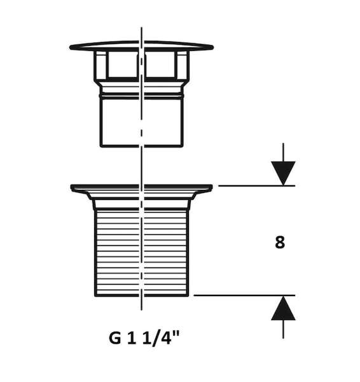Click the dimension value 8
click(280, 243)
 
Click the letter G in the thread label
click(114, 337)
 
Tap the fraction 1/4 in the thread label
click(156, 338)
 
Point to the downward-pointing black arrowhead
click(283, 173)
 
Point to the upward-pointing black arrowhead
click(283, 308)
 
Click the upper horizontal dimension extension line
click(256, 186)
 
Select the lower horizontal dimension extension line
click(244, 295)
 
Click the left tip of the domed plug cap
click(70, 47)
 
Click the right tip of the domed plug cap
click(212, 47)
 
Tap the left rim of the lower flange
click(72, 187)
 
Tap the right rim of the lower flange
click(211, 187)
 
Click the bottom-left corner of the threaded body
click(95, 295)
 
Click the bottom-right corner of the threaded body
click(188, 295)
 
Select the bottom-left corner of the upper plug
click(101, 146)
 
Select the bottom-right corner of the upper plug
click(182, 146)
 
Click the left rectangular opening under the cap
click(122, 64)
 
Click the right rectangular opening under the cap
click(160, 64)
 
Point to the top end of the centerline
click(141, 27)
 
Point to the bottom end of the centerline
click(141, 310)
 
